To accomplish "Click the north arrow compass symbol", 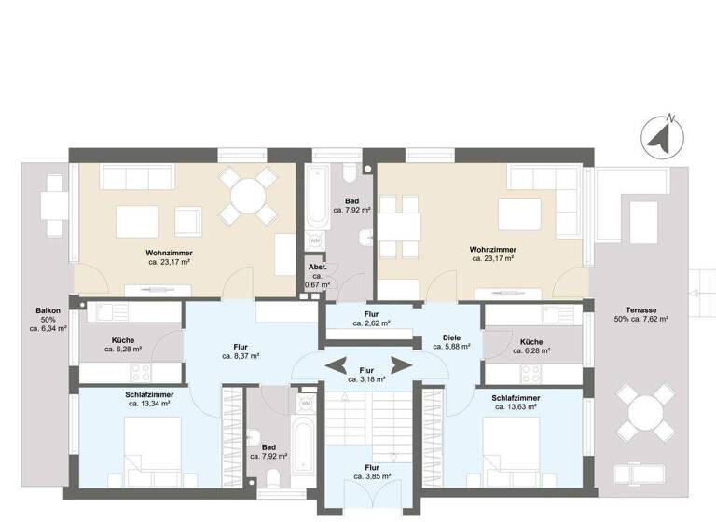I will click(662, 136).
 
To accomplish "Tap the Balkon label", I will click(48, 311).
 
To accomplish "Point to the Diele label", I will click(452, 337).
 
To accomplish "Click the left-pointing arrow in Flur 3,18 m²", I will click(337, 364).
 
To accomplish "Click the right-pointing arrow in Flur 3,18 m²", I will click(401, 364).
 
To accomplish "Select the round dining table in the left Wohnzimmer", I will click(248, 197).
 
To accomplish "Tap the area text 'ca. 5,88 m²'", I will click(452, 347).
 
